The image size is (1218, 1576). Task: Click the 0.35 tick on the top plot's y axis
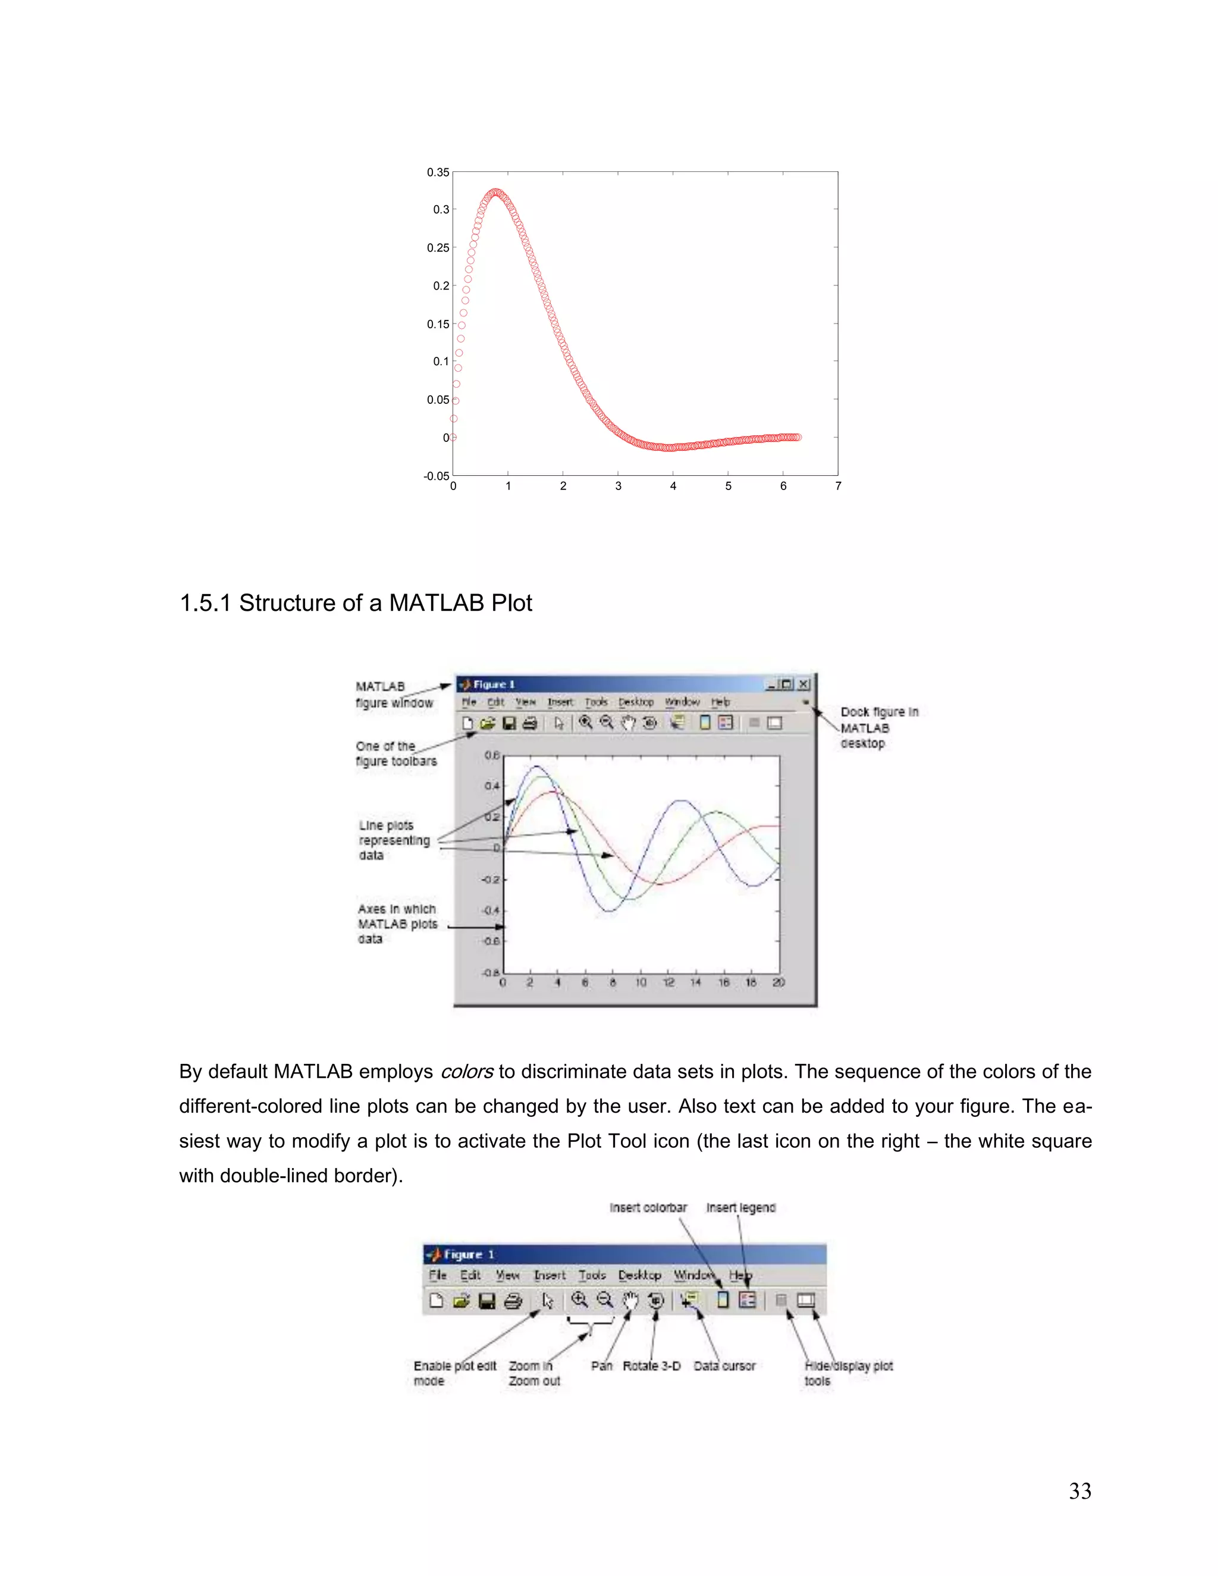coord(437,172)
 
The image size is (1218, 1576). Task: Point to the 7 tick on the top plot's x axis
coord(838,486)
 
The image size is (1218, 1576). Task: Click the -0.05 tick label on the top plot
coord(436,476)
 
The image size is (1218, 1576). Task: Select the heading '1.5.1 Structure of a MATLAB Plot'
coord(355,602)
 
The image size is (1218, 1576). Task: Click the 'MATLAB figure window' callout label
coord(393,694)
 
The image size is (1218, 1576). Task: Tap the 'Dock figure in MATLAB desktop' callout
coord(878,727)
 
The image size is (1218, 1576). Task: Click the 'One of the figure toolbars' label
coord(395,754)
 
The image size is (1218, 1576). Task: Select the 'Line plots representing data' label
coord(394,840)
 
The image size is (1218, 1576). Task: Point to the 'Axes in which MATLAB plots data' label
coord(397,924)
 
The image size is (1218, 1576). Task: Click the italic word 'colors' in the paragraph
coord(467,1072)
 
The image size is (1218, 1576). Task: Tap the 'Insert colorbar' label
coord(648,1207)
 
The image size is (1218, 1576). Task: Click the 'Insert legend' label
coord(740,1207)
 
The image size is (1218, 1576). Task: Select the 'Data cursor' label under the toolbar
coord(724,1365)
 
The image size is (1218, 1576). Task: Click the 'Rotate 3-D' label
coord(652,1365)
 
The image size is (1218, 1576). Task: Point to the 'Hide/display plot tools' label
coord(848,1373)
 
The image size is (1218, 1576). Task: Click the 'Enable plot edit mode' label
coord(454,1373)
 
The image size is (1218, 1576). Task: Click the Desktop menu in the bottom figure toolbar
coord(639,1275)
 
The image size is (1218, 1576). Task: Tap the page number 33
coord(1079,1491)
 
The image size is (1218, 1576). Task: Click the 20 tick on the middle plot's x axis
coord(778,982)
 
